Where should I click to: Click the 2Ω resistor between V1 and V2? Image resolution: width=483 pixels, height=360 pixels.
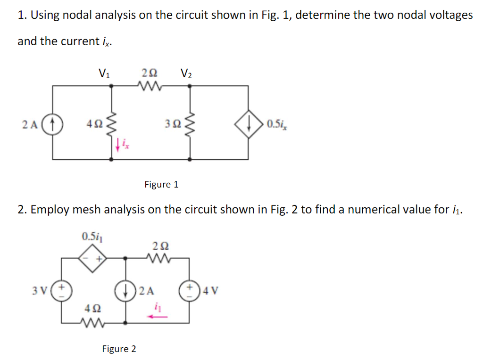point(150,86)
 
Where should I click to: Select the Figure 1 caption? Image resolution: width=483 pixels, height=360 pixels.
point(161,184)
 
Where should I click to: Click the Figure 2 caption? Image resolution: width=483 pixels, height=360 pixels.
point(119,349)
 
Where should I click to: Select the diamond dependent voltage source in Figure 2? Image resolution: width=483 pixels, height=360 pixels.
point(93,258)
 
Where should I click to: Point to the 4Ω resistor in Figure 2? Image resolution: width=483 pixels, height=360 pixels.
point(93,322)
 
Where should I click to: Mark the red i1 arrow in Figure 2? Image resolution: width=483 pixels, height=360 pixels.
point(157,317)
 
